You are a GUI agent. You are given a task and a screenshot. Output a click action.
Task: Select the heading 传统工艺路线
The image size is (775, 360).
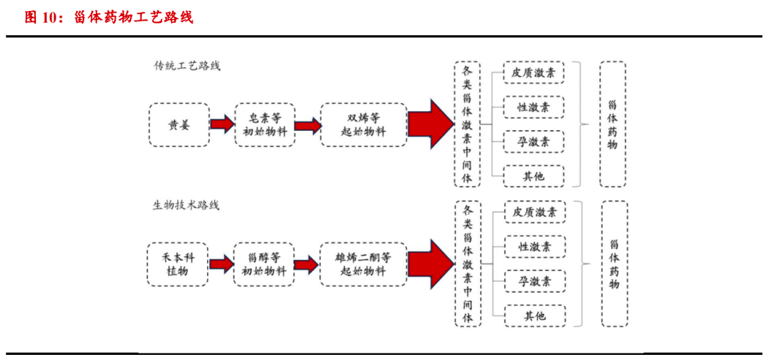[x=187, y=66]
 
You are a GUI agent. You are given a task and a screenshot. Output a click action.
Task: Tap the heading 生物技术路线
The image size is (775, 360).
[x=186, y=206]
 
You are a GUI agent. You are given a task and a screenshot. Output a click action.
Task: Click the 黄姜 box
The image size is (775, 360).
[x=179, y=125]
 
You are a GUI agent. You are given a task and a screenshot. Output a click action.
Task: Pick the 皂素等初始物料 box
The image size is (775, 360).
[x=264, y=125]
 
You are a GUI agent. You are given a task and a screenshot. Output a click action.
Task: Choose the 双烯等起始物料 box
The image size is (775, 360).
[x=363, y=125]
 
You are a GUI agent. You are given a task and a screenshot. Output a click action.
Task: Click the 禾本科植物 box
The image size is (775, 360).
[x=178, y=264]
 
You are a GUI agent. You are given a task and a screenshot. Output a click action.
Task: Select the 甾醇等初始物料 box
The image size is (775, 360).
[x=264, y=264]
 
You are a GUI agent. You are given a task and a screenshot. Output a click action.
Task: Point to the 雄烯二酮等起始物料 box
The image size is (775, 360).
[x=363, y=264]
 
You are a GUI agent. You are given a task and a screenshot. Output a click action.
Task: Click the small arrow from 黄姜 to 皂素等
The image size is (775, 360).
[x=221, y=125]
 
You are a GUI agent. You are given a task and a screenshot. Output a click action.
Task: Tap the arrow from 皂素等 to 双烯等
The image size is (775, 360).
[x=307, y=125]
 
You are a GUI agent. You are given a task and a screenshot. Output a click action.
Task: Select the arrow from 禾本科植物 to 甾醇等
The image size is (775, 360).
[x=220, y=264]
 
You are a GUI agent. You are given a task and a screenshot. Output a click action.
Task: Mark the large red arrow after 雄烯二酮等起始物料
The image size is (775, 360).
[x=430, y=264]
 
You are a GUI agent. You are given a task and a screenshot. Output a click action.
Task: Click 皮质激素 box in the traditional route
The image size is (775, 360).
[x=533, y=73]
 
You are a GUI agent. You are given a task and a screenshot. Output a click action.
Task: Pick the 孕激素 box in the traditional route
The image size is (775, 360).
[x=533, y=141]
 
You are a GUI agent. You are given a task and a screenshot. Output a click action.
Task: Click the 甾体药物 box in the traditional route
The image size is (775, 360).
[x=613, y=124]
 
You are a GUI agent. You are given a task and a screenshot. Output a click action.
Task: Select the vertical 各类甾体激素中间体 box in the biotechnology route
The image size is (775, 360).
[x=468, y=264]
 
